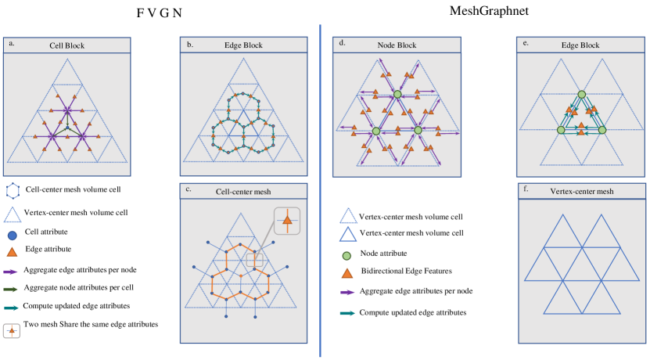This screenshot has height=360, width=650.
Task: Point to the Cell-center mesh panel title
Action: (242, 191)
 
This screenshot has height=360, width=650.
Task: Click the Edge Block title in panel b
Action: (242, 45)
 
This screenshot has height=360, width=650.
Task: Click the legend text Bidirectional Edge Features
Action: (404, 271)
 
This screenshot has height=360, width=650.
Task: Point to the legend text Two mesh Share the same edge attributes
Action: (92, 325)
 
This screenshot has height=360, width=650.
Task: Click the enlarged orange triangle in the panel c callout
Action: (287, 223)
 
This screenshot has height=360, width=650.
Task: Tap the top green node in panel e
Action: (581, 95)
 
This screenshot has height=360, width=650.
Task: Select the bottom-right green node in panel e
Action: (602, 130)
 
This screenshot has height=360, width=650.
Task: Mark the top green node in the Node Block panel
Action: (397, 95)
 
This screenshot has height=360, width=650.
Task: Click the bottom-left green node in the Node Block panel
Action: (376, 130)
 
